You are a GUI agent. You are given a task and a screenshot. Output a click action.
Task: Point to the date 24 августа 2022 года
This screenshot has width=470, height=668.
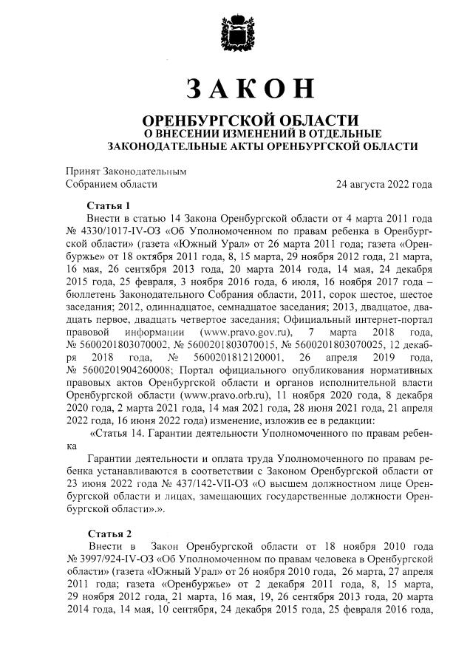click(x=384, y=184)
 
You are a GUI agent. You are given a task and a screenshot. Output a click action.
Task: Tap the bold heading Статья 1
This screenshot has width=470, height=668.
click(x=109, y=205)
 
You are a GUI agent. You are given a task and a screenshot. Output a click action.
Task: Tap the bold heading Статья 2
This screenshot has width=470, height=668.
click(x=109, y=533)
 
